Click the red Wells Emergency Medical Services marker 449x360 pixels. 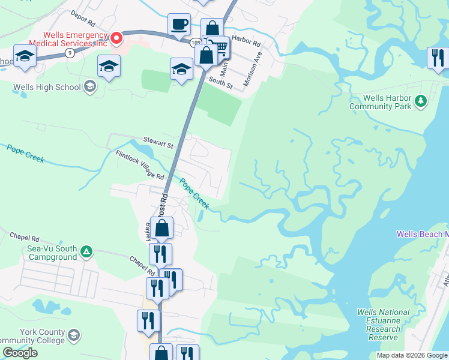coord(116,39)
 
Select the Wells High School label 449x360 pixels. coord(47,87)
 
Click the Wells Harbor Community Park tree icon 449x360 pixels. coord(422,100)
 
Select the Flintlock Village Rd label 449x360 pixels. coord(139,165)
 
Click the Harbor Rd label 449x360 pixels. coord(246,44)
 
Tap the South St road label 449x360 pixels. coord(220,82)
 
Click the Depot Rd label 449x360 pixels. coord(83,19)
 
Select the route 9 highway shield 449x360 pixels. coord(71,53)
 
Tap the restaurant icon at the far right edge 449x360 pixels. coord(436,58)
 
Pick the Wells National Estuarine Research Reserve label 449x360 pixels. coord(383,324)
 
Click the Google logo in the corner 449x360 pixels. coord(20,353)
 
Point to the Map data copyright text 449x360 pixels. coord(412,355)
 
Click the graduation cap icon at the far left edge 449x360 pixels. coord(25,56)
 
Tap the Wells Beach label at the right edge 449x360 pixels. coord(423,234)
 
